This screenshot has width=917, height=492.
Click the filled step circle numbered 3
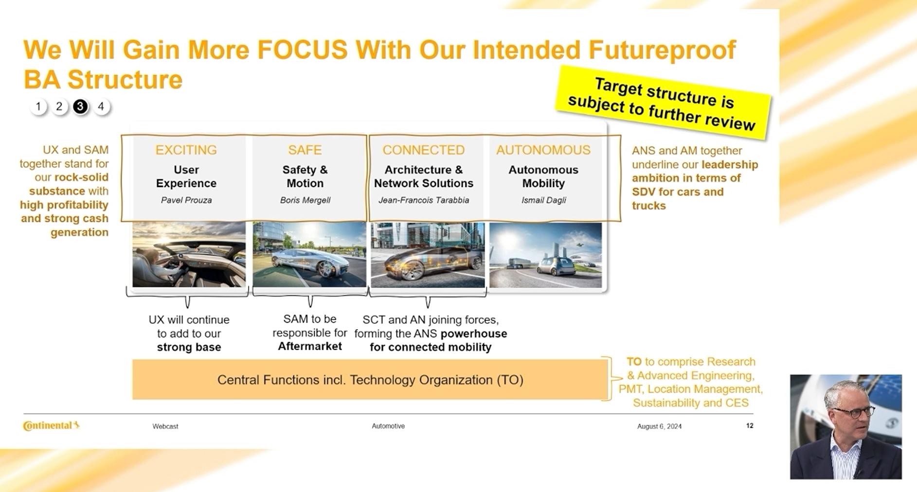point(80,106)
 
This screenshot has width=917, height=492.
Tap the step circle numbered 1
point(38,106)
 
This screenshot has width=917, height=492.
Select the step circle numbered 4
point(101,106)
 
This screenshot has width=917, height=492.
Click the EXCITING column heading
point(186,150)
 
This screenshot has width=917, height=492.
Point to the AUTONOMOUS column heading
point(543,150)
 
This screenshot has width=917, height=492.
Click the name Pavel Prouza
point(186,200)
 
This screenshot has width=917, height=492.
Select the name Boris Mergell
point(305,200)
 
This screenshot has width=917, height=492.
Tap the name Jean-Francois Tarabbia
point(424,200)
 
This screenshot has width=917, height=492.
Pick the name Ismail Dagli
point(543,200)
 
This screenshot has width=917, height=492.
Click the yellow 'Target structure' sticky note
point(663,103)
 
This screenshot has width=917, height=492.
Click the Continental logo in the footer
point(51,425)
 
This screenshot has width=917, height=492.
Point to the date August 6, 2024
point(659,426)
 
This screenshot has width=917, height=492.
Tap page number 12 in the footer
point(750,425)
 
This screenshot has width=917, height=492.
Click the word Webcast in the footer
point(165,426)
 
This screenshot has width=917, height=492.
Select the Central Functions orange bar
point(370,380)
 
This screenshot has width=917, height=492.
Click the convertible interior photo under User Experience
point(189,254)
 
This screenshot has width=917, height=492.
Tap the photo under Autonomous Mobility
point(545,255)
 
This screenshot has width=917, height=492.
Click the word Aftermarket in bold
point(310,346)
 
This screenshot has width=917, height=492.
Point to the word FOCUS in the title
point(302,50)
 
